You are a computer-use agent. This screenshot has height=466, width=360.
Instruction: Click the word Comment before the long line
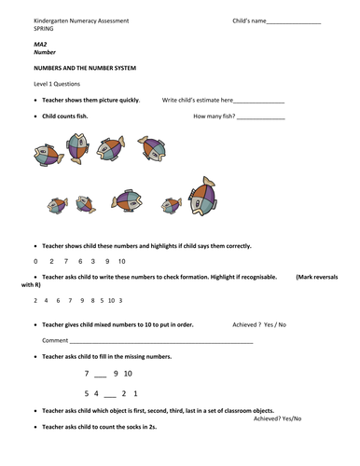(54, 341)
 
